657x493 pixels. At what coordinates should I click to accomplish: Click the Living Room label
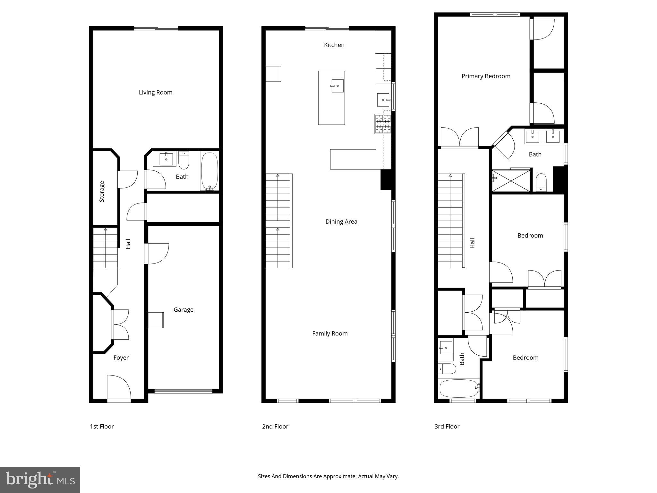click(x=156, y=92)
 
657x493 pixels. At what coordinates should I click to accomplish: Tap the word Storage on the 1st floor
click(x=102, y=192)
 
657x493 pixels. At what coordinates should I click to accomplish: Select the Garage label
click(x=183, y=310)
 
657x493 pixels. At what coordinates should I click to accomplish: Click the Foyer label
click(x=121, y=358)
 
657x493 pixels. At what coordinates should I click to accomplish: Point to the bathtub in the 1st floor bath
click(x=209, y=171)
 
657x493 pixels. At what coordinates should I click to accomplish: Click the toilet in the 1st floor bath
click(x=184, y=160)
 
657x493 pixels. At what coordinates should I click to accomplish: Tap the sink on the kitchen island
click(x=337, y=86)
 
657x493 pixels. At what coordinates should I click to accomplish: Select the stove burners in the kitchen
click(x=383, y=124)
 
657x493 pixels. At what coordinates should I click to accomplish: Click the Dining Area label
click(x=341, y=221)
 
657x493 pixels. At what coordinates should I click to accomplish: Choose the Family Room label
click(x=330, y=333)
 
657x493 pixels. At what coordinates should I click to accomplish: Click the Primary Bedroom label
click(x=486, y=76)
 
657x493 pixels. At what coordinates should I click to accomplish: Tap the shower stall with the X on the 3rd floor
click(x=511, y=181)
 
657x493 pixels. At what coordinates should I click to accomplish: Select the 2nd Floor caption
click(x=275, y=427)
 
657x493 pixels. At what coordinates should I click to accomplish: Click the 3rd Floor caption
click(x=447, y=427)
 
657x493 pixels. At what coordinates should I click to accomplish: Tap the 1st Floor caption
click(x=102, y=427)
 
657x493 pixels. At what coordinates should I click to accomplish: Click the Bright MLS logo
click(x=40, y=480)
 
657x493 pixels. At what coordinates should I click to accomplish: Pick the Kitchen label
click(x=334, y=45)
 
